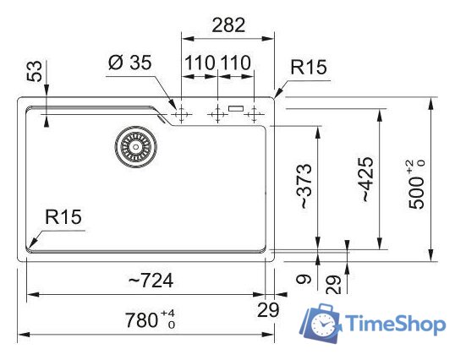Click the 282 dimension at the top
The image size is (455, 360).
pos(227,25)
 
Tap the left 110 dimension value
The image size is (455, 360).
pos(200,63)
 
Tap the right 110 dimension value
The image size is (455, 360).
pos(237,63)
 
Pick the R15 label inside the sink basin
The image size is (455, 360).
pos(63,217)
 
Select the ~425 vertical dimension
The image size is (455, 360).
pos(364,179)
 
